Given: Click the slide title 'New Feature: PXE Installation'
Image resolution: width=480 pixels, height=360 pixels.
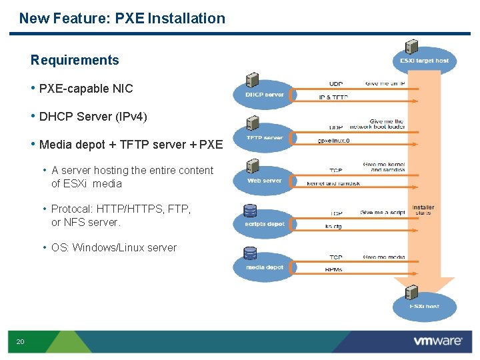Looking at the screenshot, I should (122, 18).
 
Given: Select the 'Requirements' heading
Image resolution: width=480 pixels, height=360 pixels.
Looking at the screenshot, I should (75, 60).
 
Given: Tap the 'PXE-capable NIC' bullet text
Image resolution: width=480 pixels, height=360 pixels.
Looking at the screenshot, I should (86, 88).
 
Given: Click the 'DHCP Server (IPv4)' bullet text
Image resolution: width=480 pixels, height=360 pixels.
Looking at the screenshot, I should (93, 116).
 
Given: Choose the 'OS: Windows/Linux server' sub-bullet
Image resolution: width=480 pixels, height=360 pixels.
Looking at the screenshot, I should (113, 247).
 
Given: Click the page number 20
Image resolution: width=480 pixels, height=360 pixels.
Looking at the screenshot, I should (20, 341).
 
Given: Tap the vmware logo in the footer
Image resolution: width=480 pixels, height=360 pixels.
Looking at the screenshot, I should (437, 341).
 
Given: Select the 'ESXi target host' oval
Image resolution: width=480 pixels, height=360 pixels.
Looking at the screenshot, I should (424, 61).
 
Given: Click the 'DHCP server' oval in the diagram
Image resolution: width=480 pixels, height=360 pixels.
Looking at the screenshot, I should (264, 95).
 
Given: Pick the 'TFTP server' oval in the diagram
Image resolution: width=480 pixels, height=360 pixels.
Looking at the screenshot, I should (264, 138).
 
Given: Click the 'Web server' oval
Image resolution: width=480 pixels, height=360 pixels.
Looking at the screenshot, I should (264, 181).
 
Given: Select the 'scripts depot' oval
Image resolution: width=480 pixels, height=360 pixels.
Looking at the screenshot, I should (264, 224).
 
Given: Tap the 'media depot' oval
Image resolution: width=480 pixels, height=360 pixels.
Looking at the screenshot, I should (264, 267).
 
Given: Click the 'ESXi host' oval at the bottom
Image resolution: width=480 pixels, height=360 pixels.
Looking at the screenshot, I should (424, 307).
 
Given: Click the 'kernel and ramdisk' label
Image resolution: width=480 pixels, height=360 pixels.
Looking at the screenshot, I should (333, 183).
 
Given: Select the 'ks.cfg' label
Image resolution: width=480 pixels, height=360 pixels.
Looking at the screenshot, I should (333, 227).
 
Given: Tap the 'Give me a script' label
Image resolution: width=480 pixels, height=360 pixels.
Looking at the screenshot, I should (383, 213).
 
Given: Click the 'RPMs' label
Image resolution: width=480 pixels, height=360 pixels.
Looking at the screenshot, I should (334, 270).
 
